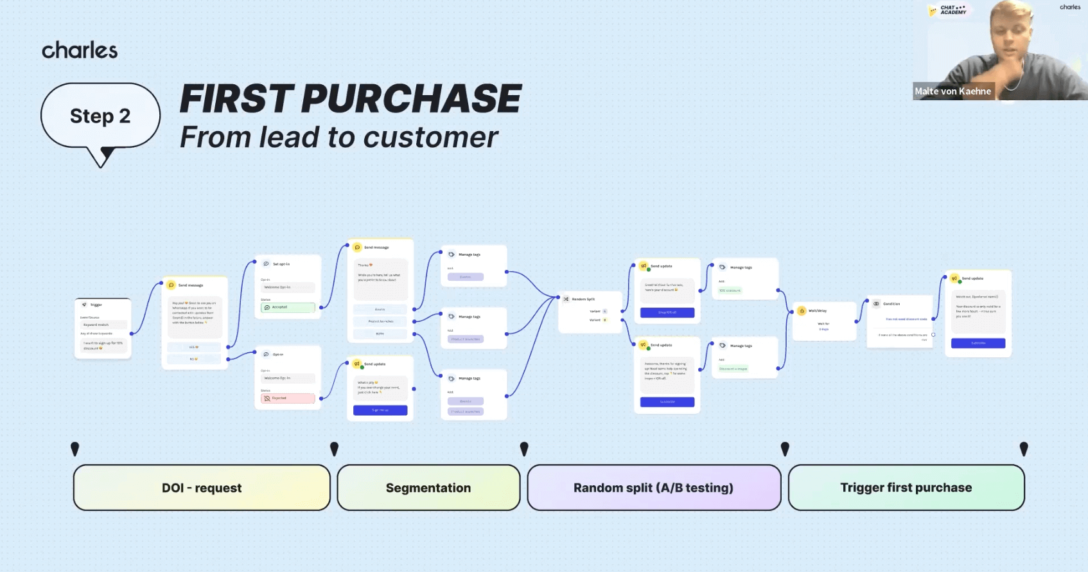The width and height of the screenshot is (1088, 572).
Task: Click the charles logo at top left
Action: [80, 50]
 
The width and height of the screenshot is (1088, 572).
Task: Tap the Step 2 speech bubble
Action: [100, 116]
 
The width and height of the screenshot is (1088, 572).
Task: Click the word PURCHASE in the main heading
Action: [411, 99]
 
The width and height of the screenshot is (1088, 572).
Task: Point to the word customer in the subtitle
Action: [430, 138]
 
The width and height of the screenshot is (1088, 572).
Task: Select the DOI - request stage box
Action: [202, 488]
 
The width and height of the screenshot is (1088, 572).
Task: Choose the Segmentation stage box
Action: [428, 488]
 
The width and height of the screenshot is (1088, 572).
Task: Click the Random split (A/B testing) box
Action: [653, 488]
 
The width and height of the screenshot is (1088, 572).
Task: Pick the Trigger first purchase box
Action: [906, 488]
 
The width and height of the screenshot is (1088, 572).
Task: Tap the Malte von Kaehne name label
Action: [952, 91]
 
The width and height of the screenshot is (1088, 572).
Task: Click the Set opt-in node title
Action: [281, 264]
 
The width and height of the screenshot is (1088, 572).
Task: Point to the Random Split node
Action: [590, 311]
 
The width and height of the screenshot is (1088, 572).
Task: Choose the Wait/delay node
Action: [823, 319]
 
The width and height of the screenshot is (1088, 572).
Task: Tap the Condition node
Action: [899, 319]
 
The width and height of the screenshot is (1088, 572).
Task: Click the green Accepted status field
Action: [288, 307]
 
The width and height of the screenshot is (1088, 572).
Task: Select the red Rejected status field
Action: [288, 398]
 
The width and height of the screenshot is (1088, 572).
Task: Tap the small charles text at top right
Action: [1070, 7]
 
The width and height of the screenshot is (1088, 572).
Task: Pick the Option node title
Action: [277, 355]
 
